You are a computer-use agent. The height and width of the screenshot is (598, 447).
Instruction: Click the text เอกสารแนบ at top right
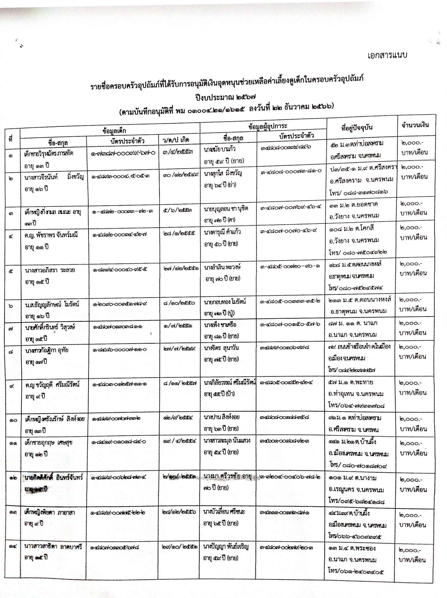tap(387, 55)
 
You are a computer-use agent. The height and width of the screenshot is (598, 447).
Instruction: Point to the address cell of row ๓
tap(354, 210)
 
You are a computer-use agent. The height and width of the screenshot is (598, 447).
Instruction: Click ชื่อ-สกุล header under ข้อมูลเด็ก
tap(58, 143)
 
